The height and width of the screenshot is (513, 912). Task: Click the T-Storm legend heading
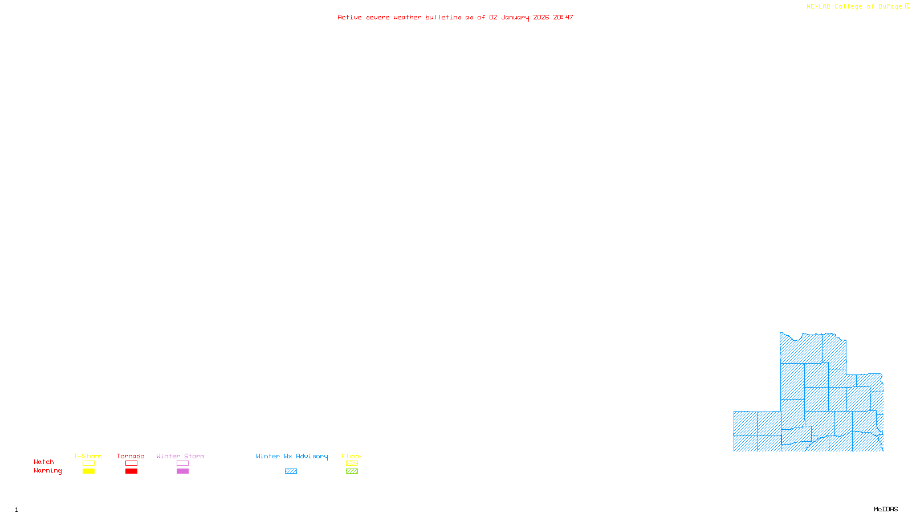(x=88, y=456)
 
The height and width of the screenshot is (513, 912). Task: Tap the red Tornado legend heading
(x=131, y=456)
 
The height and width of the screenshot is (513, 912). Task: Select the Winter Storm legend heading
(x=180, y=456)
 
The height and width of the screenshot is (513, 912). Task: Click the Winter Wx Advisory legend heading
(x=292, y=456)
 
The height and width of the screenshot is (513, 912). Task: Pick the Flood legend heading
(x=352, y=456)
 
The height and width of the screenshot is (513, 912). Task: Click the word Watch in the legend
(x=44, y=462)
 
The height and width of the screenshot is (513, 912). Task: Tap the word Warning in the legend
(x=48, y=471)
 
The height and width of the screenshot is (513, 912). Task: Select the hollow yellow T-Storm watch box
(x=88, y=463)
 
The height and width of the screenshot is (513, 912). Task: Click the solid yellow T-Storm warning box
(x=88, y=471)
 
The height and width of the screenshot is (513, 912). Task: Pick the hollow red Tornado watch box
(x=131, y=463)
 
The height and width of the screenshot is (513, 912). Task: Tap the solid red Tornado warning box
(x=131, y=471)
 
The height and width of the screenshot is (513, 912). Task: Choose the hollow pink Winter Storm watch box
(x=182, y=463)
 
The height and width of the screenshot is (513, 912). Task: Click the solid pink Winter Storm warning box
(x=182, y=471)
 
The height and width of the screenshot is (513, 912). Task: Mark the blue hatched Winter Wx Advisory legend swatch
(x=291, y=471)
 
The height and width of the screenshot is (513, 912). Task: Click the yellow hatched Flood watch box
(x=352, y=463)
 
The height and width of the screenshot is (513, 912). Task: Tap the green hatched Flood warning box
(x=352, y=471)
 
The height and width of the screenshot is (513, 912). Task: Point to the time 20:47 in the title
(x=563, y=17)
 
